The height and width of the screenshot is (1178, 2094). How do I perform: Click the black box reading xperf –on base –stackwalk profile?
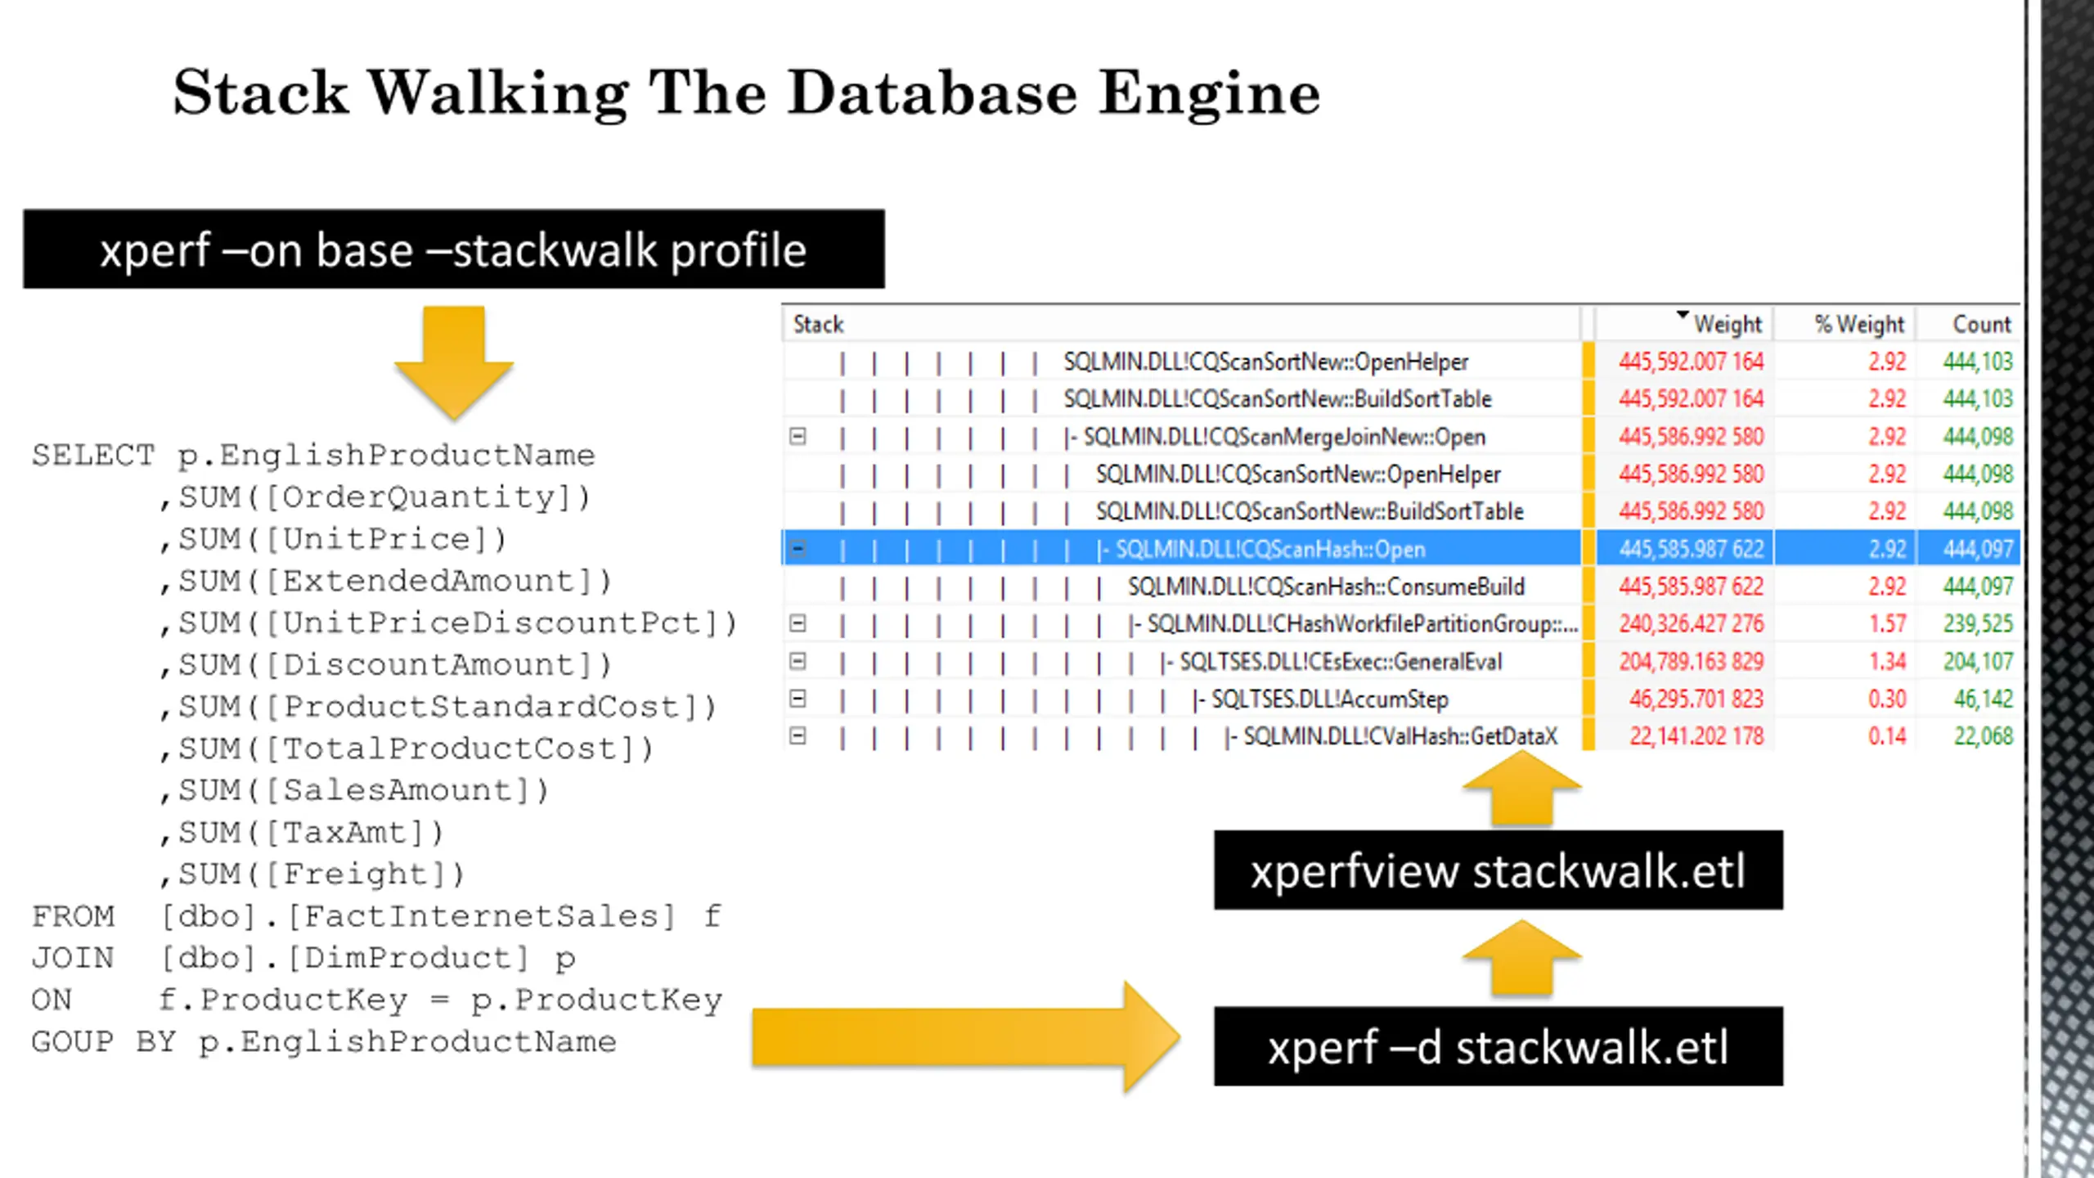454,249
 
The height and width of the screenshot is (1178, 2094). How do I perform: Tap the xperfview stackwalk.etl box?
1499,870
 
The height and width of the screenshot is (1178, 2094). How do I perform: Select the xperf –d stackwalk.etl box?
1499,1046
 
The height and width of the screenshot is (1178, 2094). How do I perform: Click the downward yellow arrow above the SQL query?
454,362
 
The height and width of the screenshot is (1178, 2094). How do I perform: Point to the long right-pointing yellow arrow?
965,1037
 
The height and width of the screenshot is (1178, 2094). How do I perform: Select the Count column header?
1981,324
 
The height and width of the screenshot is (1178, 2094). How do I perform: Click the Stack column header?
818,325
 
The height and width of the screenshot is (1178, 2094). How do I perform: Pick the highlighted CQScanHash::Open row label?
1270,549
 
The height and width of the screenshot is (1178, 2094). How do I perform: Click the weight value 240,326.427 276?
1692,624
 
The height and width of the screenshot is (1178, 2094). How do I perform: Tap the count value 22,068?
1983,736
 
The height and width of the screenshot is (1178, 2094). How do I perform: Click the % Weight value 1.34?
1887,661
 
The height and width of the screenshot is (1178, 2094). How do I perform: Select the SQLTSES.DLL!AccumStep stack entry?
1329,699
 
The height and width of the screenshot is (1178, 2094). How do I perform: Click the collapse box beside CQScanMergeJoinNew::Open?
798,436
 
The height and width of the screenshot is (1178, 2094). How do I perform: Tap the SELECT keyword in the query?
93,455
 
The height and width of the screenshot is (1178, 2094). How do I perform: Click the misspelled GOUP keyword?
72,1041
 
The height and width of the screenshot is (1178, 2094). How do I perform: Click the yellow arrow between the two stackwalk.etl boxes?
1521,958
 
